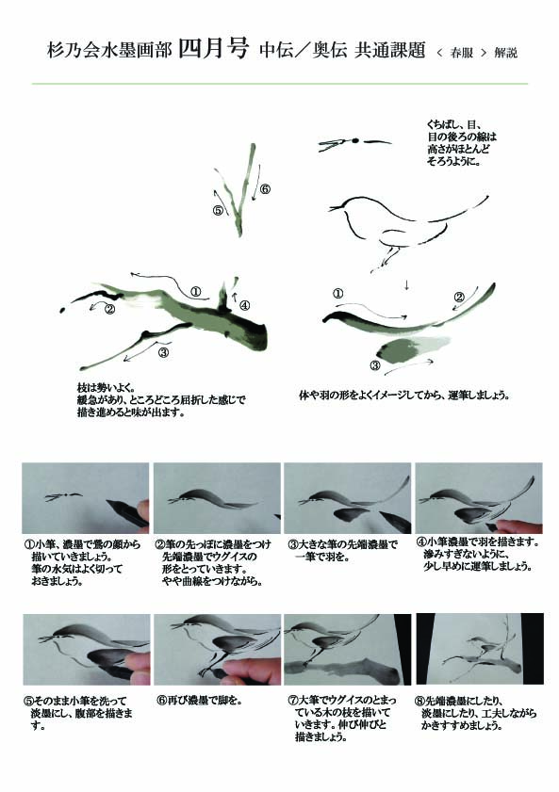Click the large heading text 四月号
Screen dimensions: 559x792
[x=214, y=49]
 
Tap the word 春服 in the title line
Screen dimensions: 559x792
[x=462, y=53]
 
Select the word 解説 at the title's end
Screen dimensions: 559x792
[x=506, y=53]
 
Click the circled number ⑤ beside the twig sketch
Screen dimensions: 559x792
[x=219, y=210]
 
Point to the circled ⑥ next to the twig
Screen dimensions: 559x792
[x=265, y=190]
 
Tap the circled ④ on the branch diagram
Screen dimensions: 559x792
[x=245, y=305]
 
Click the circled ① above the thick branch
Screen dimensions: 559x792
[x=196, y=291]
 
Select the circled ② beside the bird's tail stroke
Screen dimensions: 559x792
[x=459, y=297]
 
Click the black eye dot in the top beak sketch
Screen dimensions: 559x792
[x=355, y=140]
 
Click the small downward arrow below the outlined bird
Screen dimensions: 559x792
[x=406, y=285]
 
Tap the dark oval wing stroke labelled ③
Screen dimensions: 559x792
[x=396, y=350]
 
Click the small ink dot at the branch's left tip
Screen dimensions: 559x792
[x=62, y=309]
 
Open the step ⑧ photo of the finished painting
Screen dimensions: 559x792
[x=480, y=649]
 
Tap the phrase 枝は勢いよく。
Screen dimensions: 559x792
[x=106, y=388]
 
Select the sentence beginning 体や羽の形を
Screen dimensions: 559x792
[x=403, y=396]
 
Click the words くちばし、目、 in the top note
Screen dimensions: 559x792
[x=454, y=124]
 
